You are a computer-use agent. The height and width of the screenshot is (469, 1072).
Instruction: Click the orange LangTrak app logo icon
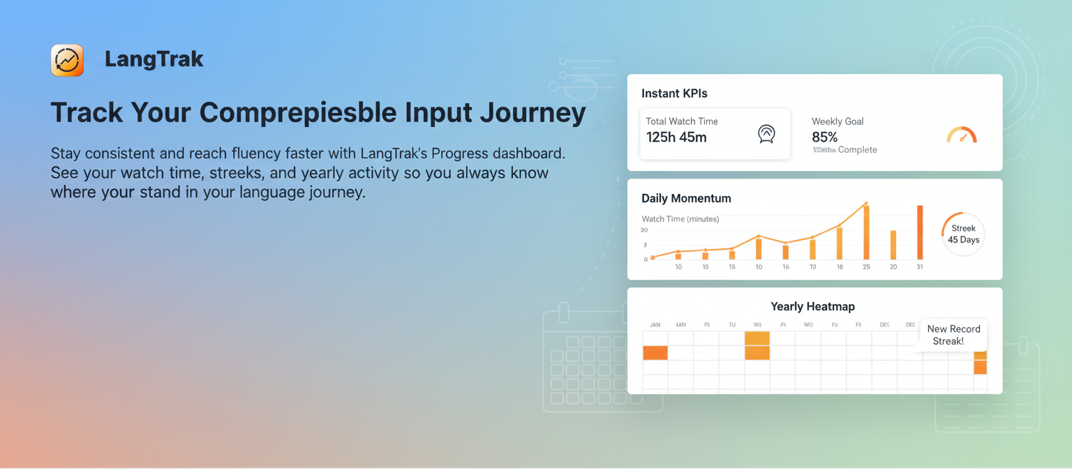pyautogui.click(x=67, y=60)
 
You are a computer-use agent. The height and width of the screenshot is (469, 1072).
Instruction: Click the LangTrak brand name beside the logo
pyautogui.click(x=154, y=60)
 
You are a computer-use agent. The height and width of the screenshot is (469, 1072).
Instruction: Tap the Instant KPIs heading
pyautogui.click(x=674, y=94)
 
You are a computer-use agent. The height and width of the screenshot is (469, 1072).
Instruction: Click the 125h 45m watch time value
pyautogui.click(x=676, y=137)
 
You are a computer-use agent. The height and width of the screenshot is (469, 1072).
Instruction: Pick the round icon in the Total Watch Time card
pyautogui.click(x=766, y=134)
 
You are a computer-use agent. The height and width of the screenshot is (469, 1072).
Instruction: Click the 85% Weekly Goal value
pyautogui.click(x=824, y=137)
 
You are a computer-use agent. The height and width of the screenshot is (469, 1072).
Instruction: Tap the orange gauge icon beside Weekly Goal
pyautogui.click(x=962, y=135)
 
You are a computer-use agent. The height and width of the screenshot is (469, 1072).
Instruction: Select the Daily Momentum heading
pyautogui.click(x=686, y=198)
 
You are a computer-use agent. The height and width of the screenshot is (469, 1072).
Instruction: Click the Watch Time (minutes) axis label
pyautogui.click(x=680, y=219)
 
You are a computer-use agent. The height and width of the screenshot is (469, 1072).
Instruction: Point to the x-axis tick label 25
pyautogui.click(x=866, y=267)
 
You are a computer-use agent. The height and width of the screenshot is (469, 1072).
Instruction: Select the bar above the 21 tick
pyautogui.click(x=920, y=232)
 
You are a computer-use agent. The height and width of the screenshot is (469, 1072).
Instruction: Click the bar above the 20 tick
pyautogui.click(x=893, y=245)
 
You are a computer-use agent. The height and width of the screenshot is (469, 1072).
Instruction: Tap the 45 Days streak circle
pyautogui.click(x=963, y=234)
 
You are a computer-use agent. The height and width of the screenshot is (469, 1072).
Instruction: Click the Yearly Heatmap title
pyautogui.click(x=812, y=306)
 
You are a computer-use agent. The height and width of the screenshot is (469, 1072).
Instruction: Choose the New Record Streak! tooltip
pyautogui.click(x=953, y=335)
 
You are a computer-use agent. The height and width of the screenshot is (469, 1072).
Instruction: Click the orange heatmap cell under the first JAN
pyautogui.click(x=655, y=352)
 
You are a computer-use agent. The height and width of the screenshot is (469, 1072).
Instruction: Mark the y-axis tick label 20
pyautogui.click(x=644, y=230)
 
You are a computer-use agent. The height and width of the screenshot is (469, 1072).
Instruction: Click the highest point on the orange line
pyautogui.click(x=866, y=204)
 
